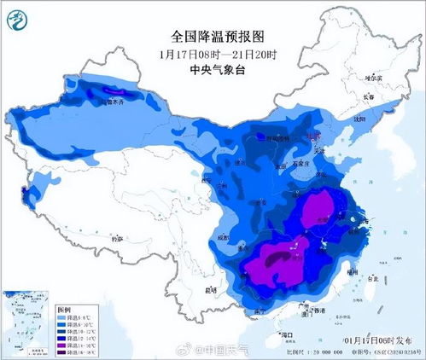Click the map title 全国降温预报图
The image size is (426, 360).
click(213, 37)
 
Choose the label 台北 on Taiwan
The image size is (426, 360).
click(370, 279)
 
